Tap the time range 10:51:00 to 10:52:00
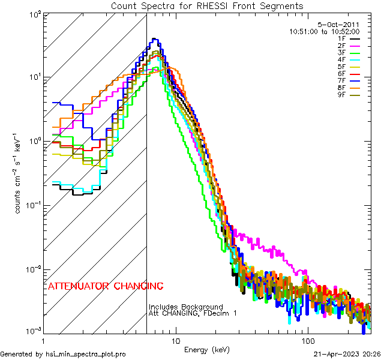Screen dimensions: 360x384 tap(324, 31)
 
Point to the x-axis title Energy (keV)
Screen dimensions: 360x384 tap(207, 349)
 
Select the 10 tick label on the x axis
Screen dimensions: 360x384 tap(175, 340)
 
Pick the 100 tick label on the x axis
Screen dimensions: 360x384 tap(307, 340)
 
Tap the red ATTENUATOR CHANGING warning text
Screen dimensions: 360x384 tap(105, 286)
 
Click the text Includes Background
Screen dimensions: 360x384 tap(185, 307)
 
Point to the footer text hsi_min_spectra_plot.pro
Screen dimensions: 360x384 tap(63, 355)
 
